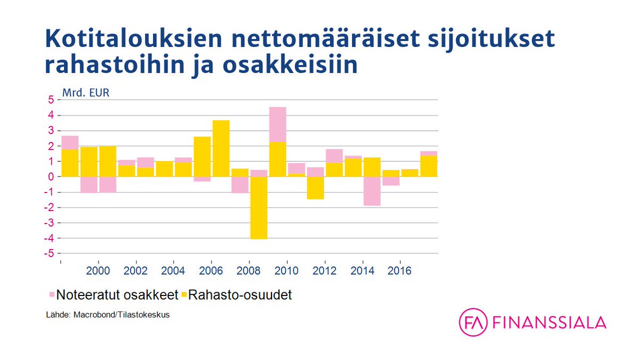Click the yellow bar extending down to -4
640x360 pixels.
(259, 207)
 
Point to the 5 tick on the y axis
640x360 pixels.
(51, 100)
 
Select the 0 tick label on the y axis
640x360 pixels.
(51, 177)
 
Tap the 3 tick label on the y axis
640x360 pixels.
(51, 131)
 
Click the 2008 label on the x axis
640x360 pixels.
(249, 271)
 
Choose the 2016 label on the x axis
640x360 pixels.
(399, 271)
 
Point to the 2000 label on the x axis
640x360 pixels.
(98, 271)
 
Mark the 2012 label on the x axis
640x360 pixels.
(324, 271)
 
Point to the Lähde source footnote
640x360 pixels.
(108, 315)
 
